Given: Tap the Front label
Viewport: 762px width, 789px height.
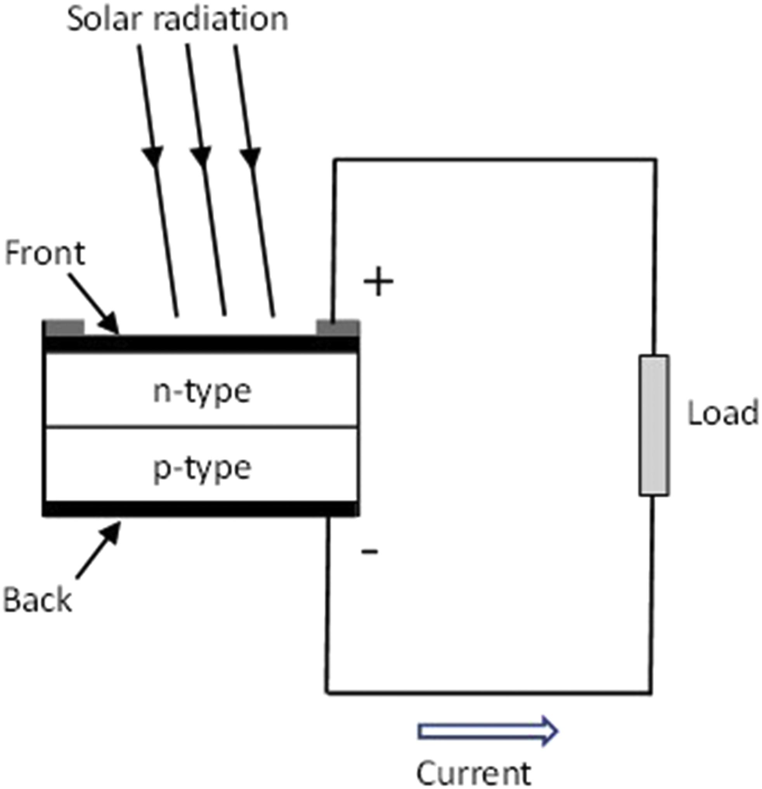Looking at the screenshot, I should coord(45,253).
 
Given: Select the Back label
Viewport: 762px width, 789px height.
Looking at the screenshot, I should coord(37,600).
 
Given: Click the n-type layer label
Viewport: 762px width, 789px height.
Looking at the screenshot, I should coord(202,392).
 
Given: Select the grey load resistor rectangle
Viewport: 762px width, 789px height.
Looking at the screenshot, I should coord(655,425).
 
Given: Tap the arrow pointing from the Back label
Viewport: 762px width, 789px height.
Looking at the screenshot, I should coord(99,550).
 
